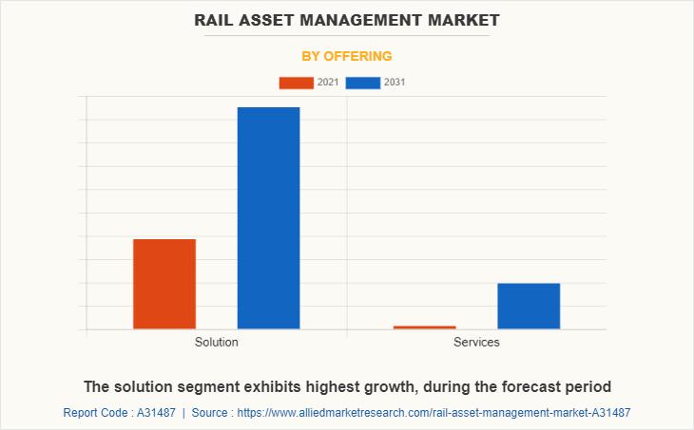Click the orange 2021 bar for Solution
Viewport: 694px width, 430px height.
(164, 284)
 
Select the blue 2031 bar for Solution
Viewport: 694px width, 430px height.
(268, 218)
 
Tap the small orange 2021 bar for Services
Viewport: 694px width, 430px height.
(424, 327)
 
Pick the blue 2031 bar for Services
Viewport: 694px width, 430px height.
(529, 306)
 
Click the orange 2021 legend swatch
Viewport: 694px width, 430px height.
(296, 83)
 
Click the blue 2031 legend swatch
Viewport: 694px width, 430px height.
(363, 83)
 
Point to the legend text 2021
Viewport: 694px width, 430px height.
(328, 83)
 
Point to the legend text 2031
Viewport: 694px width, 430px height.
(395, 83)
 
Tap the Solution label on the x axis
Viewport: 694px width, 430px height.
(217, 342)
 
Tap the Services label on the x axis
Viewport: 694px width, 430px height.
(476, 342)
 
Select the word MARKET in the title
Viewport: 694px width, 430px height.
(464, 19)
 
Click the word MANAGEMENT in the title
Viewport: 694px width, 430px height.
(366, 19)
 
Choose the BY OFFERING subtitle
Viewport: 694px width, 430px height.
(346, 56)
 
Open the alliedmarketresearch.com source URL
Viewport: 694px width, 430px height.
(434, 413)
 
